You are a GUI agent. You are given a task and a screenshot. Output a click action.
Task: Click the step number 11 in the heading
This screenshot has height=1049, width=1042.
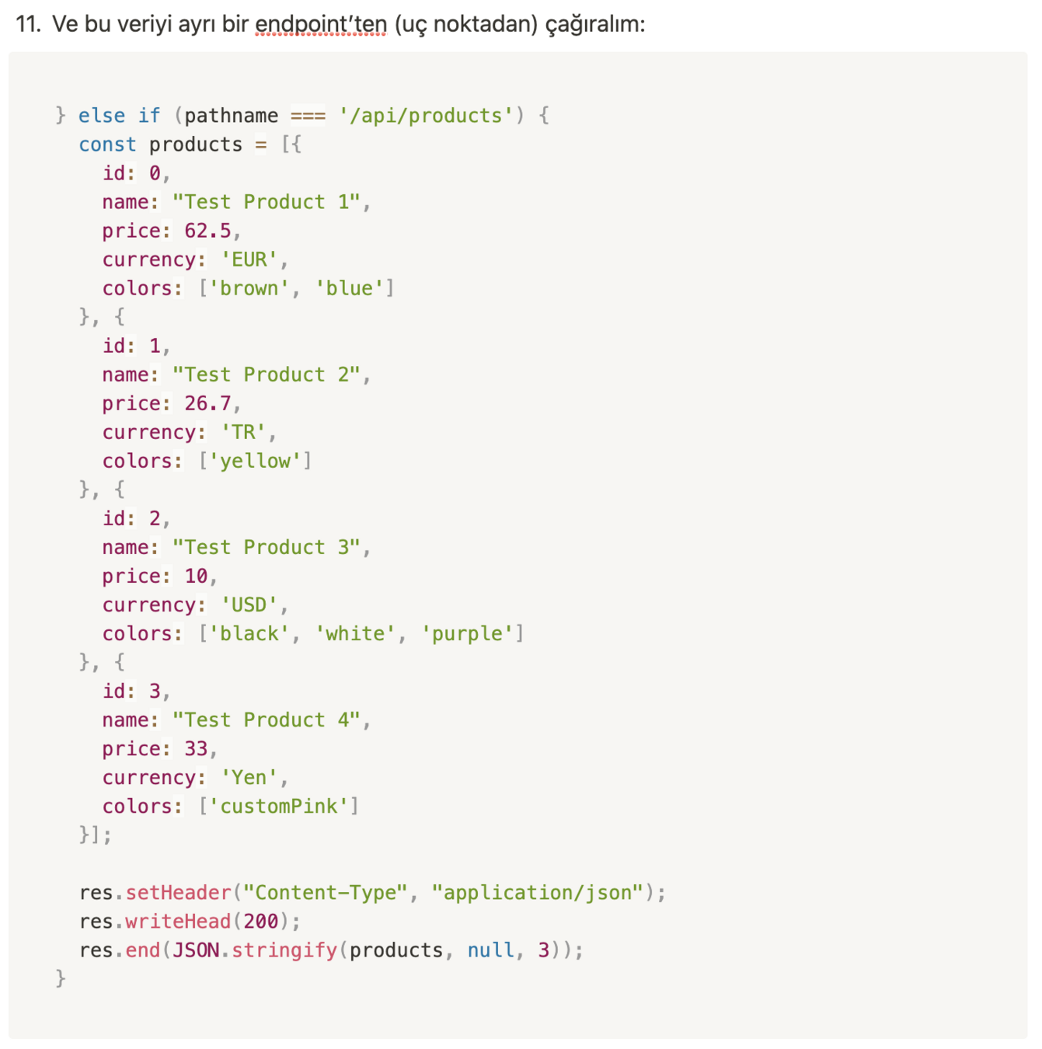point(28,24)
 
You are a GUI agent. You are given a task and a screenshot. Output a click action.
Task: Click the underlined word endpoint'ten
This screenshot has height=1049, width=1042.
point(321,24)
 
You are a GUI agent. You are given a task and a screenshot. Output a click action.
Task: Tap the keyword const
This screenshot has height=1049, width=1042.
point(107,145)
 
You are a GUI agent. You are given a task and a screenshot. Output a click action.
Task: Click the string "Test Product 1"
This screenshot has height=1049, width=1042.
point(267,202)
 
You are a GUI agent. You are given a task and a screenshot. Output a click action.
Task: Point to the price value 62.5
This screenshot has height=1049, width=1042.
point(207,231)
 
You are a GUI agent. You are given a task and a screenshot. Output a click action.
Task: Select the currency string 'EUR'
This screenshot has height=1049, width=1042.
point(249,260)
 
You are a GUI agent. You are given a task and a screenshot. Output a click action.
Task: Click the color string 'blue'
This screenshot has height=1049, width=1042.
point(349,288)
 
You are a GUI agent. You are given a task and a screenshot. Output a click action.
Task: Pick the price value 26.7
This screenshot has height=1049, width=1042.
point(207,403)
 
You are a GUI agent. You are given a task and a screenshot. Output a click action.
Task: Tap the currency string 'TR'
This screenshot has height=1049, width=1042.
point(243,432)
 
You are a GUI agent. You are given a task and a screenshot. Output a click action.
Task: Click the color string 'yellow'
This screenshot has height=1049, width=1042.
point(255,461)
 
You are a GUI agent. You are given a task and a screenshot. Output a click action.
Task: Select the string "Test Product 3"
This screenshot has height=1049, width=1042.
point(267,547)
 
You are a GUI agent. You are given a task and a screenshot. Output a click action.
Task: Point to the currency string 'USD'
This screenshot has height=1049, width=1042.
point(249,605)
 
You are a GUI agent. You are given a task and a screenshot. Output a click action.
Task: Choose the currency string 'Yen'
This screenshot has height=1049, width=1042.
point(249,777)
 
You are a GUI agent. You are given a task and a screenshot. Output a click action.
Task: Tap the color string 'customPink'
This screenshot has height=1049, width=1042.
point(278,806)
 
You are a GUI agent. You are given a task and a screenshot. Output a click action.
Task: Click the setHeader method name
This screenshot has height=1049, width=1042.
point(179,892)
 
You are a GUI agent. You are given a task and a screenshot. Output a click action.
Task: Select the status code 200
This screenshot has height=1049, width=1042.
point(260,921)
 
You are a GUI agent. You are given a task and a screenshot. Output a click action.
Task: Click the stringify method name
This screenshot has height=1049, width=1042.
point(284,950)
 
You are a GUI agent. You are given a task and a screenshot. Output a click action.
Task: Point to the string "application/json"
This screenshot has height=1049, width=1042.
point(537,892)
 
